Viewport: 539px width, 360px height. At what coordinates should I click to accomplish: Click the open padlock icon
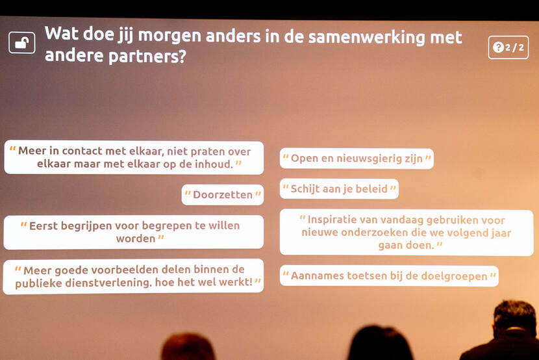pyautogui.click(x=21, y=43)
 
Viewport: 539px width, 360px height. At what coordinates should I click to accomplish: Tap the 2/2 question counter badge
pyautogui.click(x=508, y=47)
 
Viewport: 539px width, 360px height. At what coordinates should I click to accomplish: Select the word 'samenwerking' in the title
pyautogui.click(x=367, y=37)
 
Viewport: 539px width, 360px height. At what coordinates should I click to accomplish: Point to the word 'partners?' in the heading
pyautogui.click(x=147, y=56)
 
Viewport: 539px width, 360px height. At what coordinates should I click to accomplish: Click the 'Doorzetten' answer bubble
pyautogui.click(x=223, y=194)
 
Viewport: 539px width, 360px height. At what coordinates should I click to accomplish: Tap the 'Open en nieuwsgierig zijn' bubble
pyautogui.click(x=357, y=159)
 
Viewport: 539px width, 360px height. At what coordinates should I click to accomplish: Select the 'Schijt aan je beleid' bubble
pyautogui.click(x=339, y=188)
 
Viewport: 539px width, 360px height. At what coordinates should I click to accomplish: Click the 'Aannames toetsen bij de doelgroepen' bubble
pyautogui.click(x=389, y=276)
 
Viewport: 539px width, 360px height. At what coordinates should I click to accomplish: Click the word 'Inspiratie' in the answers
pyautogui.click(x=331, y=220)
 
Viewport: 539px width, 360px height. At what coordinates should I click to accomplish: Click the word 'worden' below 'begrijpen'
pyautogui.click(x=136, y=238)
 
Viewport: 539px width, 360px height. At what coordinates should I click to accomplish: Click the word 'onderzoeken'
pyautogui.click(x=375, y=233)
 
